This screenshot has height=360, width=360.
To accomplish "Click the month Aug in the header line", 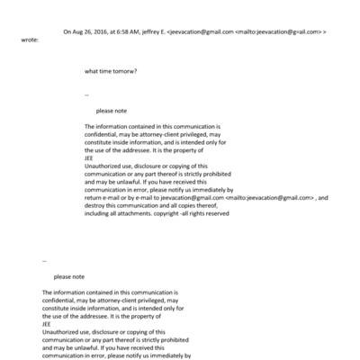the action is click(x=77, y=31).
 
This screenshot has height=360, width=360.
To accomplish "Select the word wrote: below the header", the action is click(x=31, y=40).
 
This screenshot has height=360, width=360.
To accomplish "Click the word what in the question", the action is click(x=92, y=70).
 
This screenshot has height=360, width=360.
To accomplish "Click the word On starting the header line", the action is click(x=67, y=31).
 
